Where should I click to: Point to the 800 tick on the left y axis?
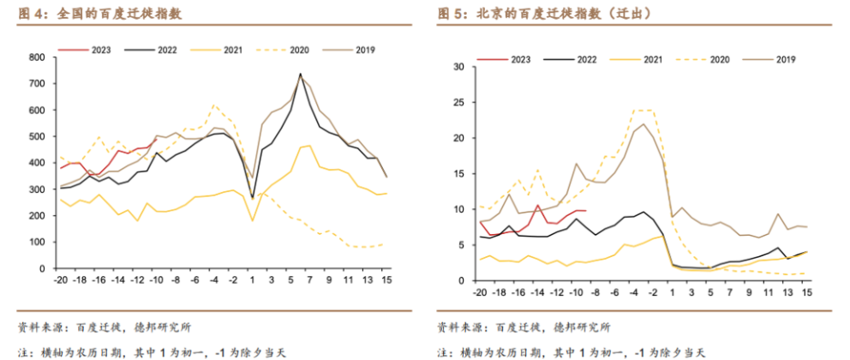click(37, 57)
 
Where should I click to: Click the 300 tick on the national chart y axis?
click(37, 189)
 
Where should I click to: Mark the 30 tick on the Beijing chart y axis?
click(459, 67)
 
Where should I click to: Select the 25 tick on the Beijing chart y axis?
click(459, 103)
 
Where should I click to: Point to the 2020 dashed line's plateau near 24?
click(643, 110)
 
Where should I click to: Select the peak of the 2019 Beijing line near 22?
click(643, 123)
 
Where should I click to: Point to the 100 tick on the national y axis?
click(37, 242)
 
